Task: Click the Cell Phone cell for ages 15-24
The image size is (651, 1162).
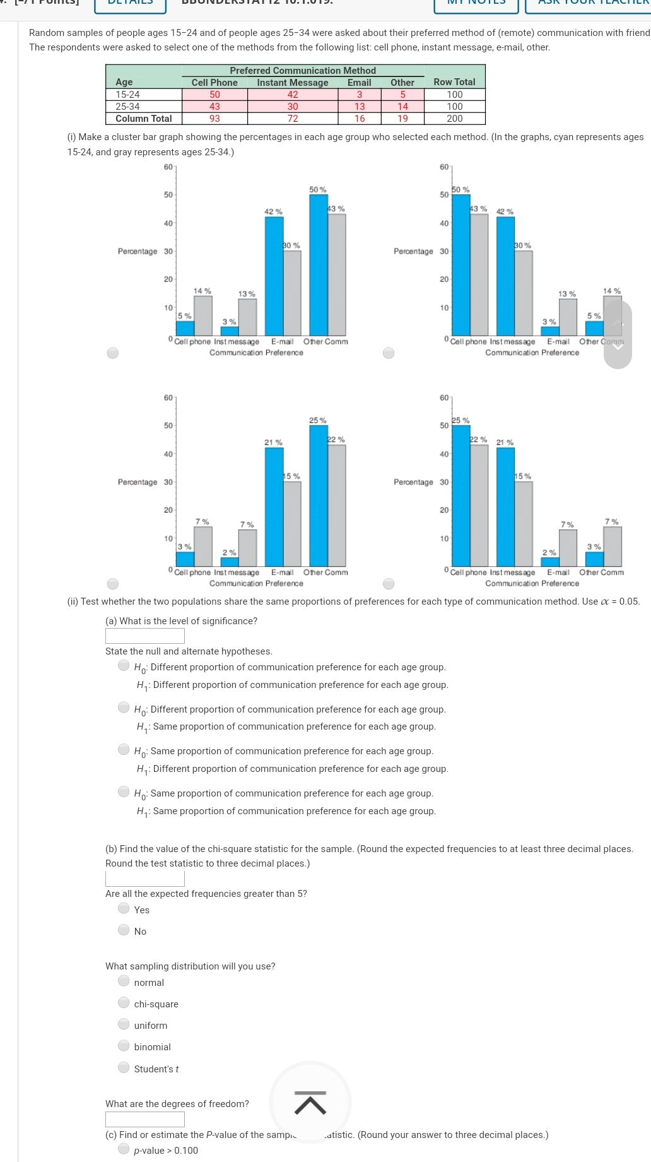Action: (214, 95)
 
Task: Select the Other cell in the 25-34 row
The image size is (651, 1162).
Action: (402, 107)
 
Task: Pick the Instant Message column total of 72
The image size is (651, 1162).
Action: (293, 119)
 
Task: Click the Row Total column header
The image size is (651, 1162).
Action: (454, 82)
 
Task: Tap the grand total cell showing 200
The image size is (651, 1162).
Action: (454, 119)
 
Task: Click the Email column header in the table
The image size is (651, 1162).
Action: (359, 83)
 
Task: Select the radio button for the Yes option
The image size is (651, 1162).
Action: (124, 908)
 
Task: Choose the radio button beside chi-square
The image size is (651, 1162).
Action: (124, 1002)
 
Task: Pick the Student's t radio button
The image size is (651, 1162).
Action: (124, 1067)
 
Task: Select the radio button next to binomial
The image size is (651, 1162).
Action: (124, 1045)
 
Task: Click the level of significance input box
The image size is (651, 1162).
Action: (145, 636)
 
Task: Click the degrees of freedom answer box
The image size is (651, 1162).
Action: (145, 1119)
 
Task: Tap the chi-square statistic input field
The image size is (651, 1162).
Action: (145, 879)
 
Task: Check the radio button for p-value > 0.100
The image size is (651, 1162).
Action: (124, 1149)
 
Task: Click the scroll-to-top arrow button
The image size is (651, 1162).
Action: (310, 1103)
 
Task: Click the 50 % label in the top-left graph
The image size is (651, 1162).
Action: (318, 190)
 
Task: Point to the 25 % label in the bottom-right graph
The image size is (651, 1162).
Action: (460, 420)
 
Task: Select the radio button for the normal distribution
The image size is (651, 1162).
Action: (124, 981)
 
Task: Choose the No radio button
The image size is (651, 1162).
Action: (124, 930)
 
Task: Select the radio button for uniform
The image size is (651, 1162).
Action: (124, 1024)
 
